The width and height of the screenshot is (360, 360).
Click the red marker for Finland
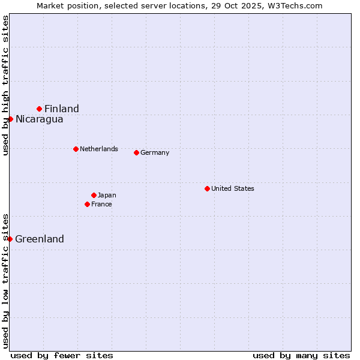[40, 109]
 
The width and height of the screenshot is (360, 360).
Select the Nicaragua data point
[10, 119]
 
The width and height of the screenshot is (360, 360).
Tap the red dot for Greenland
[10, 239]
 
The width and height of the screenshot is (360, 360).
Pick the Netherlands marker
[76, 149]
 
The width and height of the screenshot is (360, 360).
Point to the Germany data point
[136, 152]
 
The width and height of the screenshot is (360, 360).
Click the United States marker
[207, 188]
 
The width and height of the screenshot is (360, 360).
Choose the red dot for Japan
[94, 195]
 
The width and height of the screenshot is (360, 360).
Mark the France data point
[88, 204]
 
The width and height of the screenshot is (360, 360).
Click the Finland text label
[62, 109]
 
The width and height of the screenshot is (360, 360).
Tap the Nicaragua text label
[40, 119]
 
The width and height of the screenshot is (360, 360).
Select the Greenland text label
[40, 239]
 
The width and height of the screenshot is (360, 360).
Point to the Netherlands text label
[99, 149]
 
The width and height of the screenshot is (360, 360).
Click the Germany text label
[155, 152]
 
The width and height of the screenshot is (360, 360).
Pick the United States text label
[233, 188]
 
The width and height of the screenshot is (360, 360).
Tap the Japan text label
[107, 195]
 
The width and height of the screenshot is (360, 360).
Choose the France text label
[101, 204]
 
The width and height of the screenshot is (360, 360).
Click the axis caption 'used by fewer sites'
[62, 355]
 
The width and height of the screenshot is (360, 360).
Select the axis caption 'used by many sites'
[301, 355]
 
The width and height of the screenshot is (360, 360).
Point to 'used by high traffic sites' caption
[5, 85]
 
